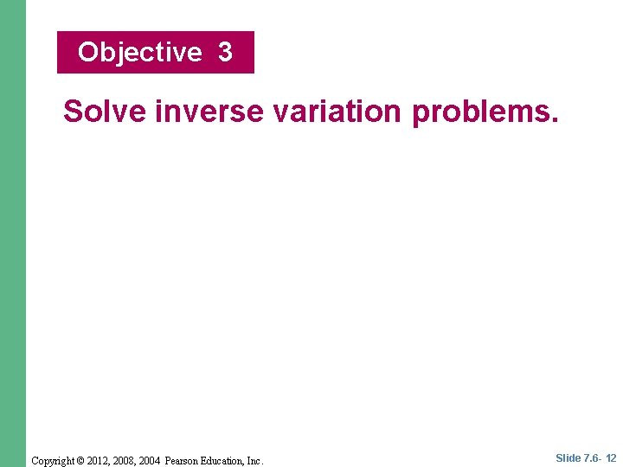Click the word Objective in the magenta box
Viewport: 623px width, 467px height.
pos(139,53)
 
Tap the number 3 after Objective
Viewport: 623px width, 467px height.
pos(225,53)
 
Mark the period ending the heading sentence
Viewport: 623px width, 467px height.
pos(555,119)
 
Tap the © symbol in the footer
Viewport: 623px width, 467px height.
pos(95,461)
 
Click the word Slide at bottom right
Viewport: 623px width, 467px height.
pos(568,458)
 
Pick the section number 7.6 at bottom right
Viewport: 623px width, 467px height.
pos(592,458)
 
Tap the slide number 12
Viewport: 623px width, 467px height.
pos(611,458)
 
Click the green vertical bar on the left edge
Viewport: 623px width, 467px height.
pos(13,233)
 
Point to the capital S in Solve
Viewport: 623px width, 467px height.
pos(73,112)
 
